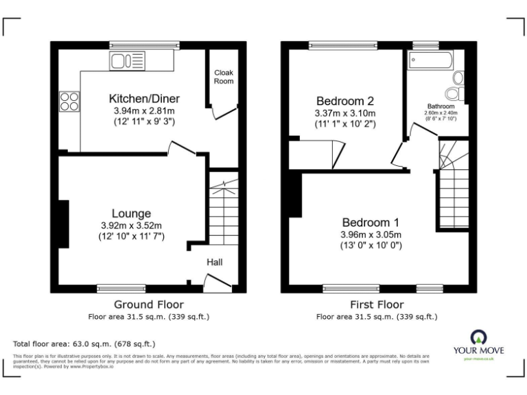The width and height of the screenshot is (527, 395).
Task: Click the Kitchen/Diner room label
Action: [143, 97]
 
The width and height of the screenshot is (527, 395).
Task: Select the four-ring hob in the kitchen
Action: [69, 101]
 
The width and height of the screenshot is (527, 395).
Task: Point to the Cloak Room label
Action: [224, 76]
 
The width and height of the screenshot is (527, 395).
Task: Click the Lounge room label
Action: [132, 213]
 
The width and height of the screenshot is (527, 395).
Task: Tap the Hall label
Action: [215, 262]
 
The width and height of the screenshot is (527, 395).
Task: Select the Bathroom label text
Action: [441, 107]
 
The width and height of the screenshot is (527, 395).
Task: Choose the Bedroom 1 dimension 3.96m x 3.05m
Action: [371, 235]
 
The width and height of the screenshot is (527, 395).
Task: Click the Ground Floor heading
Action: [149, 304]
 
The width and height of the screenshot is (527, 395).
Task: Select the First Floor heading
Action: [377, 304]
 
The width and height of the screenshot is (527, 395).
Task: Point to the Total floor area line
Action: [84, 344]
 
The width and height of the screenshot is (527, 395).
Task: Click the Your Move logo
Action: [478, 343]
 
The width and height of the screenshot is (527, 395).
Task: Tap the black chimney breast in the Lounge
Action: [63, 224]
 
